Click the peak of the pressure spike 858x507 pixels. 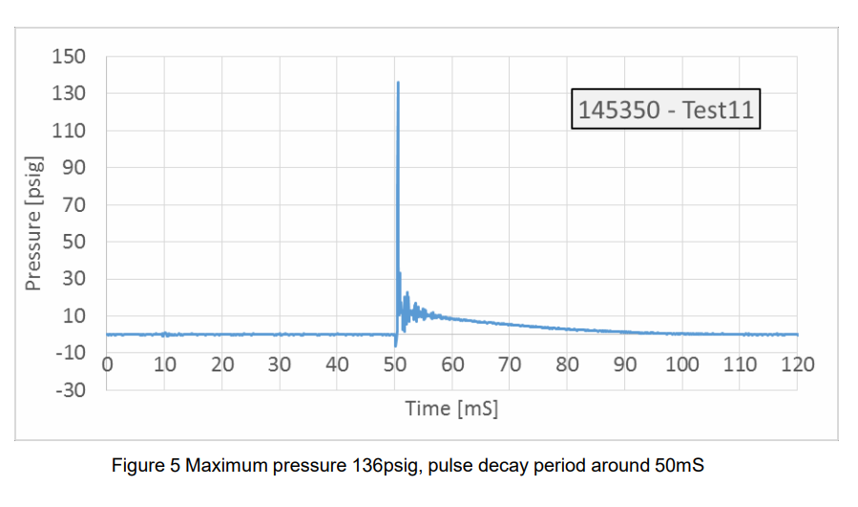pos(397,83)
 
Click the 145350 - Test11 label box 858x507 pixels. pos(666,110)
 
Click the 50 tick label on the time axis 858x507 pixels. pos(394,365)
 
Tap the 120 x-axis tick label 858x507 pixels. pos(797,365)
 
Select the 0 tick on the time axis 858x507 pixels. pos(107,365)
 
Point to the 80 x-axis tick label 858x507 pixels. pos(567,365)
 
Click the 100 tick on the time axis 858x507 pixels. pos(681,365)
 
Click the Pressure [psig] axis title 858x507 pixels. pos(33,222)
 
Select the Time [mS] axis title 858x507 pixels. pos(451,409)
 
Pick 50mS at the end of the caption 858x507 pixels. pos(680,466)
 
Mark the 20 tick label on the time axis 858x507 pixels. pos(221,365)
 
